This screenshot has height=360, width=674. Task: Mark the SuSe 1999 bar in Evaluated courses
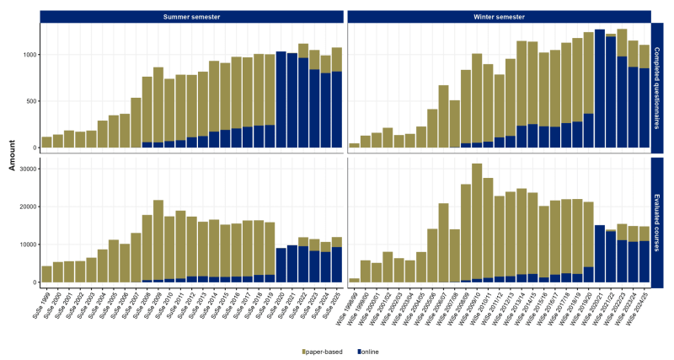point(47,274)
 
